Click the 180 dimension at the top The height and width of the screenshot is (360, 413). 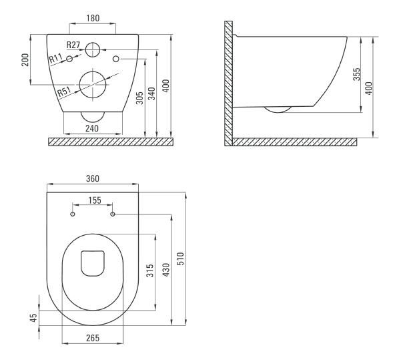[x=93, y=18]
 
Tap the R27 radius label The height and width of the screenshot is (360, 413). [x=73, y=45]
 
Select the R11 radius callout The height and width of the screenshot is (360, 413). [x=55, y=58]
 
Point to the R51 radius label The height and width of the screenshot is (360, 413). [x=64, y=92]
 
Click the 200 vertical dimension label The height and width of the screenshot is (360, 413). [x=25, y=60]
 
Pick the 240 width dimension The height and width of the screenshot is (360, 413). [x=92, y=128]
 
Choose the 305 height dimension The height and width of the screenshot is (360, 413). [x=139, y=98]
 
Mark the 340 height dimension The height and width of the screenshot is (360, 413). [x=151, y=94]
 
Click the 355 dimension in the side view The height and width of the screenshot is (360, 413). [x=357, y=74]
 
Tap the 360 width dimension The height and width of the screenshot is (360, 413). [x=93, y=178]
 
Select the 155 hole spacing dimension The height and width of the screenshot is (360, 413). [x=95, y=200]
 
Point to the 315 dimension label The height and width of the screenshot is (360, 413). [x=150, y=271]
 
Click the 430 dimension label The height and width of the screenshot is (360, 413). [x=166, y=270]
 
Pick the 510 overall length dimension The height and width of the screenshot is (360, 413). [x=180, y=258]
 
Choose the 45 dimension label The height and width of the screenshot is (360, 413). [x=34, y=318]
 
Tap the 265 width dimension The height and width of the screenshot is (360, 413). [x=93, y=338]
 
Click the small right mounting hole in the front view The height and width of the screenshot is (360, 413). [x=116, y=59]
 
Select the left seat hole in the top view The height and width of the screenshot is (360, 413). [x=73, y=214]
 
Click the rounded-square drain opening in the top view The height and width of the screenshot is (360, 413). [x=93, y=263]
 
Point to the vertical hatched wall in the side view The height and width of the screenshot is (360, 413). [x=228, y=83]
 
